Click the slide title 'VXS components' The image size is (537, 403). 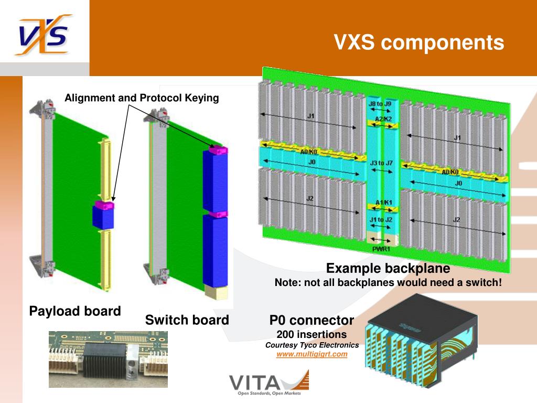point(420,43)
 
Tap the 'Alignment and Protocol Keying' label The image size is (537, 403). point(142,98)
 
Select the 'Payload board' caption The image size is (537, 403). point(75,311)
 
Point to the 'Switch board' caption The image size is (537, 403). point(187,320)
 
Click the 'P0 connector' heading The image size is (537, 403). point(312,320)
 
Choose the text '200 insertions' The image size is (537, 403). point(312,334)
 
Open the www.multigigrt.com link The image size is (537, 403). point(312,354)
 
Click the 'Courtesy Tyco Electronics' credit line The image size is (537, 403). point(312,345)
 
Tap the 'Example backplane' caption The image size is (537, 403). point(388,269)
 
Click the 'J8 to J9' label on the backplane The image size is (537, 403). point(380,104)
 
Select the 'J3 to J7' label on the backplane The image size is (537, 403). point(381,163)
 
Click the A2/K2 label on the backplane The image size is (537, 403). point(383,120)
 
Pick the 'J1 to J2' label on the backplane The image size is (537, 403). point(381,219)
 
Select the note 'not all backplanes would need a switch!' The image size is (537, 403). point(388,283)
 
